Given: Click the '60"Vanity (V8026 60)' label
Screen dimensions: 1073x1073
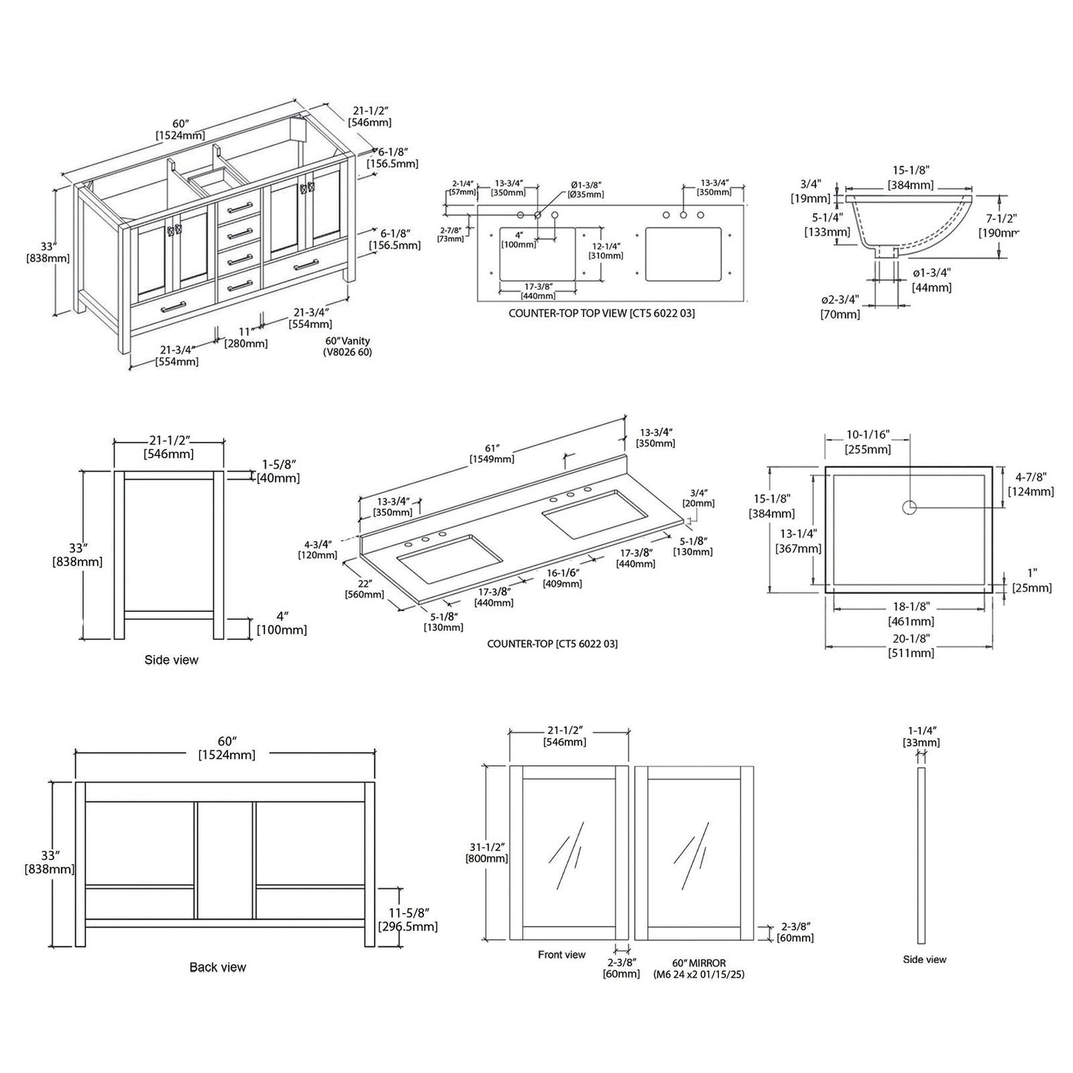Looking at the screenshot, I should click(x=348, y=347).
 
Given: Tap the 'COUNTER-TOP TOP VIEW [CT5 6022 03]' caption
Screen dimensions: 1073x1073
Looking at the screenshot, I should click(x=601, y=313).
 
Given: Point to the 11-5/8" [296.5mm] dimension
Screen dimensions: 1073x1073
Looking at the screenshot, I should click(x=408, y=920).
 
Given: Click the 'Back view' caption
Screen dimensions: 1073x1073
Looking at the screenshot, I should click(x=217, y=967).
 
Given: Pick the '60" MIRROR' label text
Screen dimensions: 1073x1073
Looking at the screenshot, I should click(x=698, y=963).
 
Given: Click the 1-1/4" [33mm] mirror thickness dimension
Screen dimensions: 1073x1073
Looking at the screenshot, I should click(x=921, y=737).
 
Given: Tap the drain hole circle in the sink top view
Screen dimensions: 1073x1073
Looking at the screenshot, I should click(x=909, y=508).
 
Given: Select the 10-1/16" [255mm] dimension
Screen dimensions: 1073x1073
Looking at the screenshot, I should click(x=868, y=442).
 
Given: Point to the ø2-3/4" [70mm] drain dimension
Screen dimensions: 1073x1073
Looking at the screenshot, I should click(x=841, y=307).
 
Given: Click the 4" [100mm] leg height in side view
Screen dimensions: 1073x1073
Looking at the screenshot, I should click(x=281, y=623).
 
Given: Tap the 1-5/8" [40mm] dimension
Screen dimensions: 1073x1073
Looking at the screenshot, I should click(x=278, y=471).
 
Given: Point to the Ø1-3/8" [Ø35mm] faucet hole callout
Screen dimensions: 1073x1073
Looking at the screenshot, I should click(x=586, y=189).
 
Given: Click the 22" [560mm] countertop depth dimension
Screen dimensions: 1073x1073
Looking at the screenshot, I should click(x=364, y=588).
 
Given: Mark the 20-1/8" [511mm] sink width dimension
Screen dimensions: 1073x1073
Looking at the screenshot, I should click(x=910, y=647).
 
